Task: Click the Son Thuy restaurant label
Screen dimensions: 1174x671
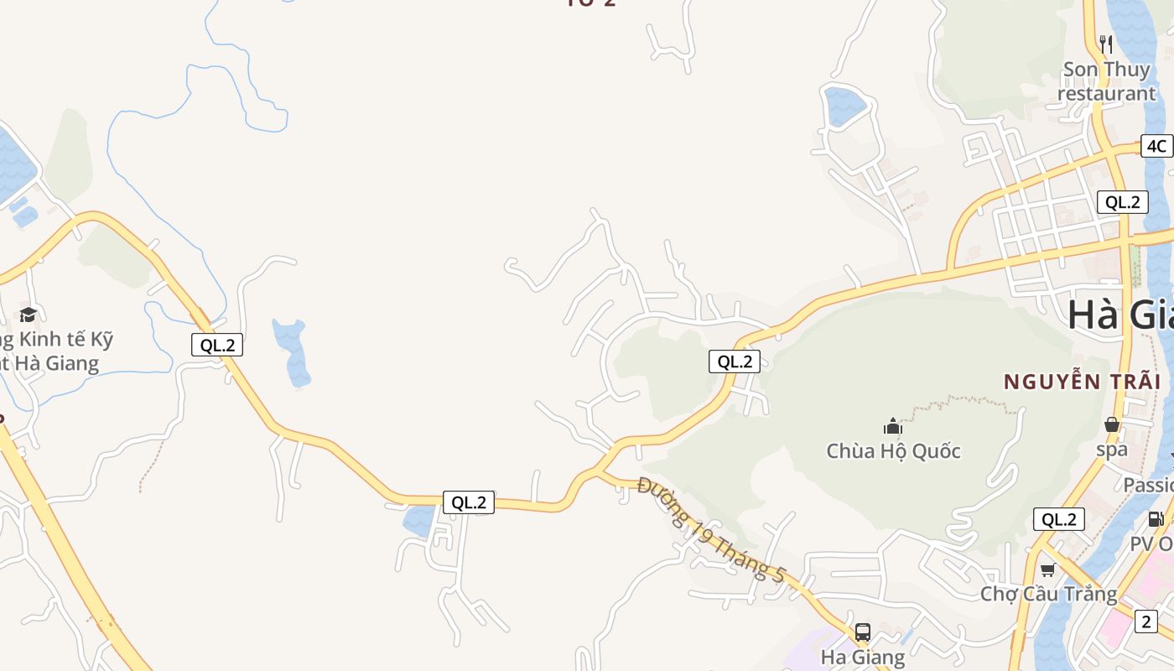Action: click(x=1106, y=81)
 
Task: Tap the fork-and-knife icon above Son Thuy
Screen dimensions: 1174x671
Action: click(x=1106, y=44)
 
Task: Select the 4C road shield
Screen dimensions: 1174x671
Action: click(x=1156, y=146)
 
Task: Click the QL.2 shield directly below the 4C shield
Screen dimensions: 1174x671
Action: click(x=1122, y=201)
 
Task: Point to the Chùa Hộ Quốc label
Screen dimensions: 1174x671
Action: click(x=893, y=451)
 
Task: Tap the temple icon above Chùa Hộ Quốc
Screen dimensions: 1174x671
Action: click(x=893, y=426)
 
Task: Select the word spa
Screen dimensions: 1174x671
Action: click(x=1112, y=449)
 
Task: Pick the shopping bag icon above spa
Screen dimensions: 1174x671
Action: click(x=1112, y=424)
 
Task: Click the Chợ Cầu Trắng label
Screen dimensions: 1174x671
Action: click(x=1049, y=594)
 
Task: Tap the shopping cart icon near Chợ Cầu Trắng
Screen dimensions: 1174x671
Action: click(x=1047, y=570)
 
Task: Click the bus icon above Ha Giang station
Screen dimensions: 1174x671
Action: click(x=863, y=632)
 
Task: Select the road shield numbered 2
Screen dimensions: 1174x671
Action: click(x=1146, y=622)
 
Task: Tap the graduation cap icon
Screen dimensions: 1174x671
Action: click(x=29, y=315)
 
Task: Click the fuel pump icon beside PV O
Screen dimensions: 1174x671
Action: click(x=1155, y=519)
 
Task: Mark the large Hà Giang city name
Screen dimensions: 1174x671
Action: click(x=1120, y=315)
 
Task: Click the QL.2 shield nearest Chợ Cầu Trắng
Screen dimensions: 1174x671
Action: click(x=1058, y=519)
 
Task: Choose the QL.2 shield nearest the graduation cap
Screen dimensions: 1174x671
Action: click(x=216, y=345)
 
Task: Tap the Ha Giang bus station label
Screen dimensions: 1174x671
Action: click(x=863, y=657)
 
